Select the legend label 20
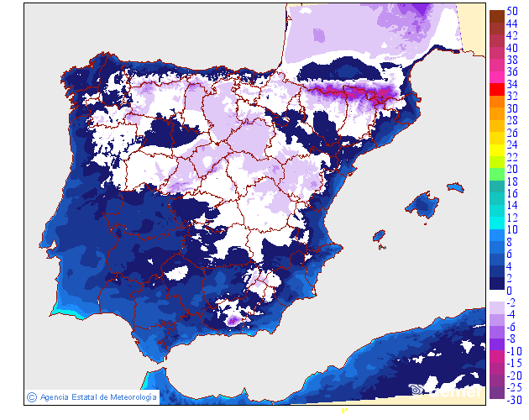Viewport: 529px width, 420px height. click(x=511, y=169)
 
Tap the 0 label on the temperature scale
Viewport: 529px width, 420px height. click(x=509, y=290)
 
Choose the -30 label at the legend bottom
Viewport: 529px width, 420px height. click(x=511, y=400)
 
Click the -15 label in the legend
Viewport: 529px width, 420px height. click(x=511, y=363)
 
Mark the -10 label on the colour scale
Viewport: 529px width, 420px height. click(x=511, y=351)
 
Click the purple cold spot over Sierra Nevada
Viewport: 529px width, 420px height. click(x=233, y=319)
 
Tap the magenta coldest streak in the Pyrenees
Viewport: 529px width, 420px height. click(x=348, y=92)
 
